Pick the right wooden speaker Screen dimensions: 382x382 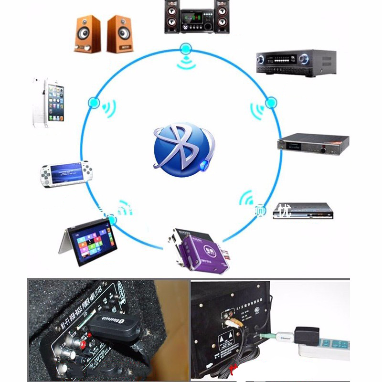(x=120, y=34)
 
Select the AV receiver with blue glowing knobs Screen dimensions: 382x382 (x=296, y=62)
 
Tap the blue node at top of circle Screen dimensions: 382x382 (x=186, y=48)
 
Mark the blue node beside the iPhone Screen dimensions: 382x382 (x=94, y=103)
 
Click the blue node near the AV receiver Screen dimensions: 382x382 (x=271, y=102)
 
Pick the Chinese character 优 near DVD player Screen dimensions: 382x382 (x=285, y=211)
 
